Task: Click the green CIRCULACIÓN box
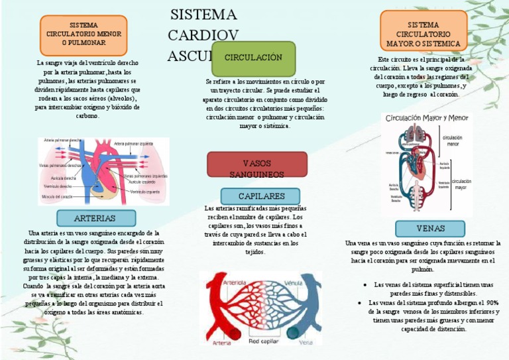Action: click(x=253, y=58)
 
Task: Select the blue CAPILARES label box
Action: click(x=261, y=196)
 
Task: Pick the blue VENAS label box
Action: click(x=430, y=229)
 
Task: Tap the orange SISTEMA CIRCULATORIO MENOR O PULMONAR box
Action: click(x=84, y=34)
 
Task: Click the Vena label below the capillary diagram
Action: click(x=306, y=343)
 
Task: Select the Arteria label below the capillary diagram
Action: click(x=222, y=343)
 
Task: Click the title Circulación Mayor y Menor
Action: click(x=426, y=118)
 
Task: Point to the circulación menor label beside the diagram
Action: click(x=453, y=141)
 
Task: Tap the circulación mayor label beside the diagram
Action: click(x=461, y=184)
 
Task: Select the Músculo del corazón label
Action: click(x=58, y=197)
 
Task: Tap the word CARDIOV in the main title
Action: click(x=202, y=35)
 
